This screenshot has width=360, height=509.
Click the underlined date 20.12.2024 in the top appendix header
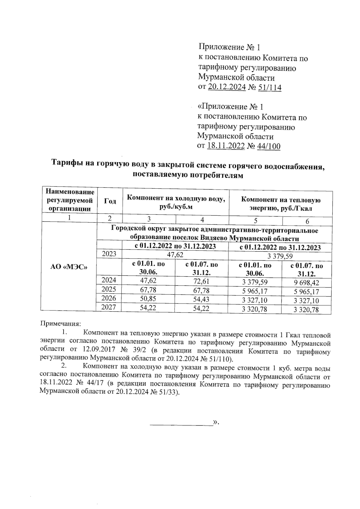(227, 87)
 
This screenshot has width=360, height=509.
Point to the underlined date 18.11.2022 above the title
(226, 146)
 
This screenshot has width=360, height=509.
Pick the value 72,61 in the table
(202, 281)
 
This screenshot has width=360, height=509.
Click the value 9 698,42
(306, 283)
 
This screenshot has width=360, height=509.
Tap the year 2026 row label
(109, 298)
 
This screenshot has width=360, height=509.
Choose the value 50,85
(148, 299)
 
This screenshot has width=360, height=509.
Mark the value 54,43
(202, 299)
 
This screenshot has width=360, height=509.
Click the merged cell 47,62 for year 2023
(175, 255)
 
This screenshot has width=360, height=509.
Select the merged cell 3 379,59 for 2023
(280, 256)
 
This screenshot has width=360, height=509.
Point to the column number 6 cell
(307, 221)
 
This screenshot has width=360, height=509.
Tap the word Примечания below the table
(61, 324)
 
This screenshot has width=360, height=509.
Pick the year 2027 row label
(109, 307)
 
